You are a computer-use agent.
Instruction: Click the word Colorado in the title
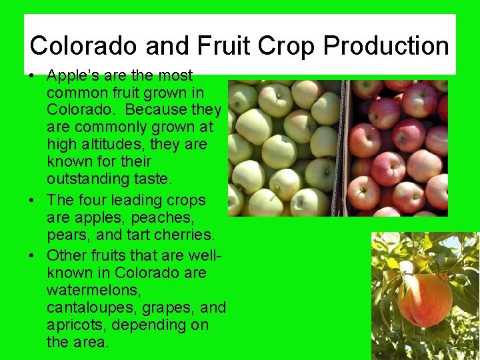point(84,45)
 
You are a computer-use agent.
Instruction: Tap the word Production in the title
point(386,45)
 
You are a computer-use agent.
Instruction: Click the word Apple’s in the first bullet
point(74,75)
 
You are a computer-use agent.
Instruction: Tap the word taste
point(153,179)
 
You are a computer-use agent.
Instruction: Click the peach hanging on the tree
point(424,300)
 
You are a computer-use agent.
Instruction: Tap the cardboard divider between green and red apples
point(345,147)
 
